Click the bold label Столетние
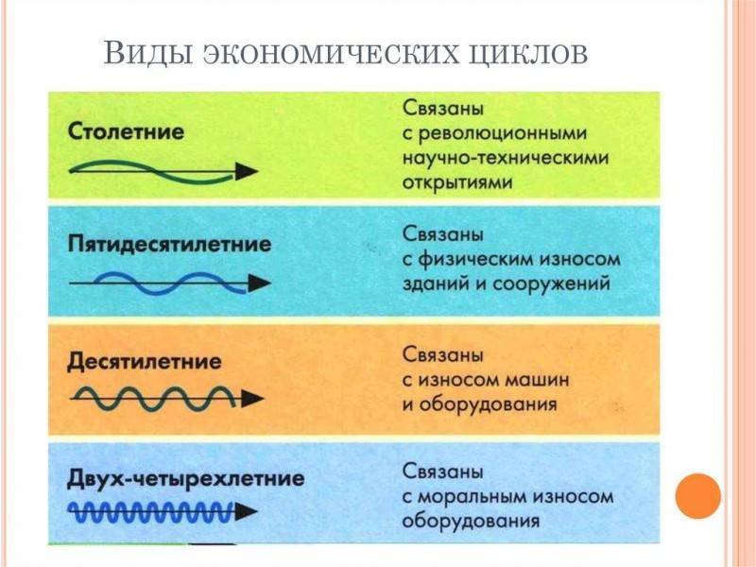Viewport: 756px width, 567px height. [x=127, y=131]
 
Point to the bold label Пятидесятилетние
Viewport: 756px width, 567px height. [x=169, y=244]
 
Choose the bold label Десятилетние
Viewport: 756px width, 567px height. [x=145, y=362]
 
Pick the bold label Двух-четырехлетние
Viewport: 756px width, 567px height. [x=186, y=479]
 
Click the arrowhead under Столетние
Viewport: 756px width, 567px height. [x=247, y=171]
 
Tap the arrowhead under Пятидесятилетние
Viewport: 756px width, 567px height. [x=260, y=283]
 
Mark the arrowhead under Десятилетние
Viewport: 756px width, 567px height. [x=252, y=399]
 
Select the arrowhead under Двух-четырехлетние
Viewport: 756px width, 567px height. [x=246, y=511]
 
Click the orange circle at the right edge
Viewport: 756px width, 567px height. [x=697, y=496]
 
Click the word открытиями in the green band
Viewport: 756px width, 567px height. [x=457, y=183]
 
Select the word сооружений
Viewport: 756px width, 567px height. [x=551, y=284]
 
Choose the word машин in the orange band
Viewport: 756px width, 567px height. [x=537, y=381]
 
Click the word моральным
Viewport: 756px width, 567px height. [x=475, y=497]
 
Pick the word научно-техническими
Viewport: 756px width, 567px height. [x=506, y=158]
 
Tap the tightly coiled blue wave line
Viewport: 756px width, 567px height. [x=150, y=512]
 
